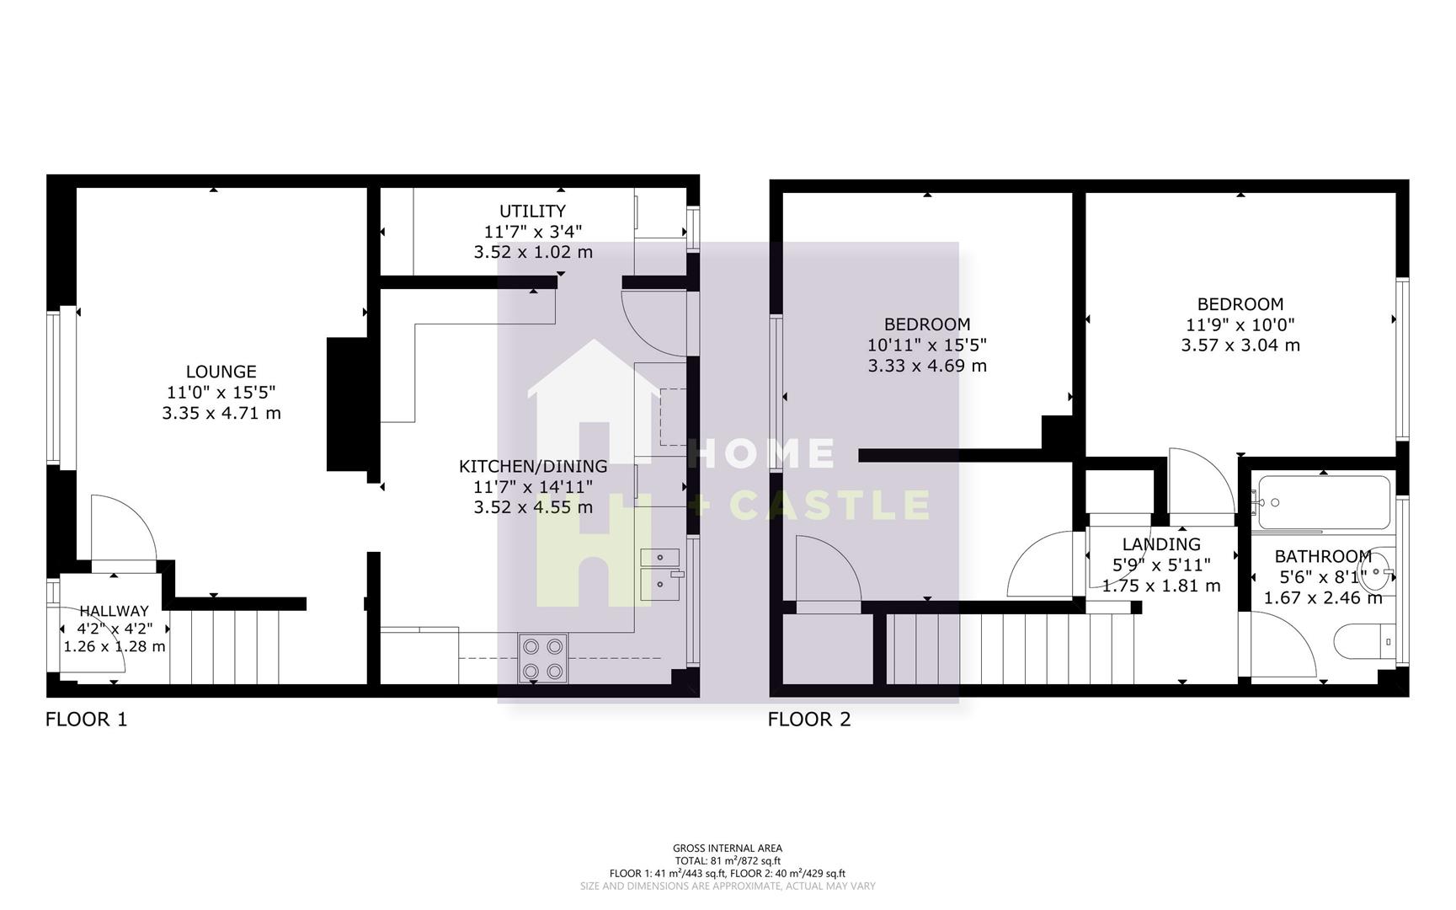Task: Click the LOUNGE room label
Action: [221, 372]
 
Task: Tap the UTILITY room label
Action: [532, 211]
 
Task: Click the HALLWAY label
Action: [114, 611]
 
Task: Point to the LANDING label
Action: [1160, 544]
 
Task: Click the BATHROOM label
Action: [1322, 557]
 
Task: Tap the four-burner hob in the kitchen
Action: [542, 659]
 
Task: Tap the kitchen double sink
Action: [661, 571]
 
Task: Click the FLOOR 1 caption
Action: [86, 720]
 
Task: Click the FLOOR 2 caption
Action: [808, 720]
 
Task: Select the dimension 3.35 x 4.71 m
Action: [221, 414]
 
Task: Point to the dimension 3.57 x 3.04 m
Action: [1240, 345]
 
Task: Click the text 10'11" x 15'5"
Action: [926, 345]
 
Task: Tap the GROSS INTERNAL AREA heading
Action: [727, 848]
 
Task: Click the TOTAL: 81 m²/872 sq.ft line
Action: [727, 861]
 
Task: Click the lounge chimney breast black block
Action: [347, 404]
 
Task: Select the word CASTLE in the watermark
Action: [829, 506]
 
